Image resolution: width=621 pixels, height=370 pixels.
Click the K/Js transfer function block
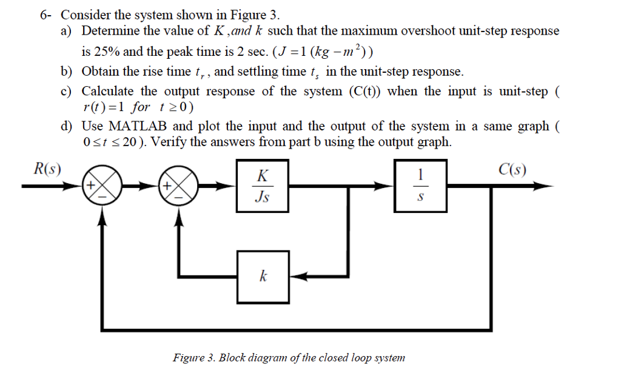pyautogui.click(x=261, y=186)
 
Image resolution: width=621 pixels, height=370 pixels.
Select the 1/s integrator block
pyautogui.click(x=421, y=186)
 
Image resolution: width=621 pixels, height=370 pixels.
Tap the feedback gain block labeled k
pyautogui.click(x=262, y=277)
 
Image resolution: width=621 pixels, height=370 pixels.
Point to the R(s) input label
pyautogui.click(x=46, y=168)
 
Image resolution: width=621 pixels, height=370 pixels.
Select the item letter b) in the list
pyautogui.click(x=66, y=72)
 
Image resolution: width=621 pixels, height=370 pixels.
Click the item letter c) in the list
pyautogui.click(x=65, y=92)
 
